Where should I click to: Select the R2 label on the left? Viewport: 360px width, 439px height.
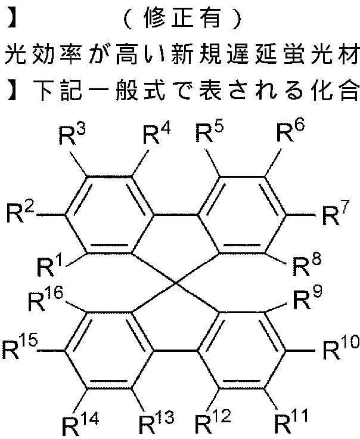(x=20, y=213)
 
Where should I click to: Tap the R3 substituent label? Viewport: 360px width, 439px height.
(x=72, y=135)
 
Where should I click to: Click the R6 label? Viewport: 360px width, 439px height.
(x=290, y=131)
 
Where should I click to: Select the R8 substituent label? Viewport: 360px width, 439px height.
(x=306, y=266)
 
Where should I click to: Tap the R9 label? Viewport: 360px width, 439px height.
(x=308, y=299)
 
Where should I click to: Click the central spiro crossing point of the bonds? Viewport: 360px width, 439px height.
(x=176, y=283)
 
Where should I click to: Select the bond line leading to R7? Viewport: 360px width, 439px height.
(x=300, y=215)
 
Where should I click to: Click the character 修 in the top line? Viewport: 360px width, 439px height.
(x=155, y=18)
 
